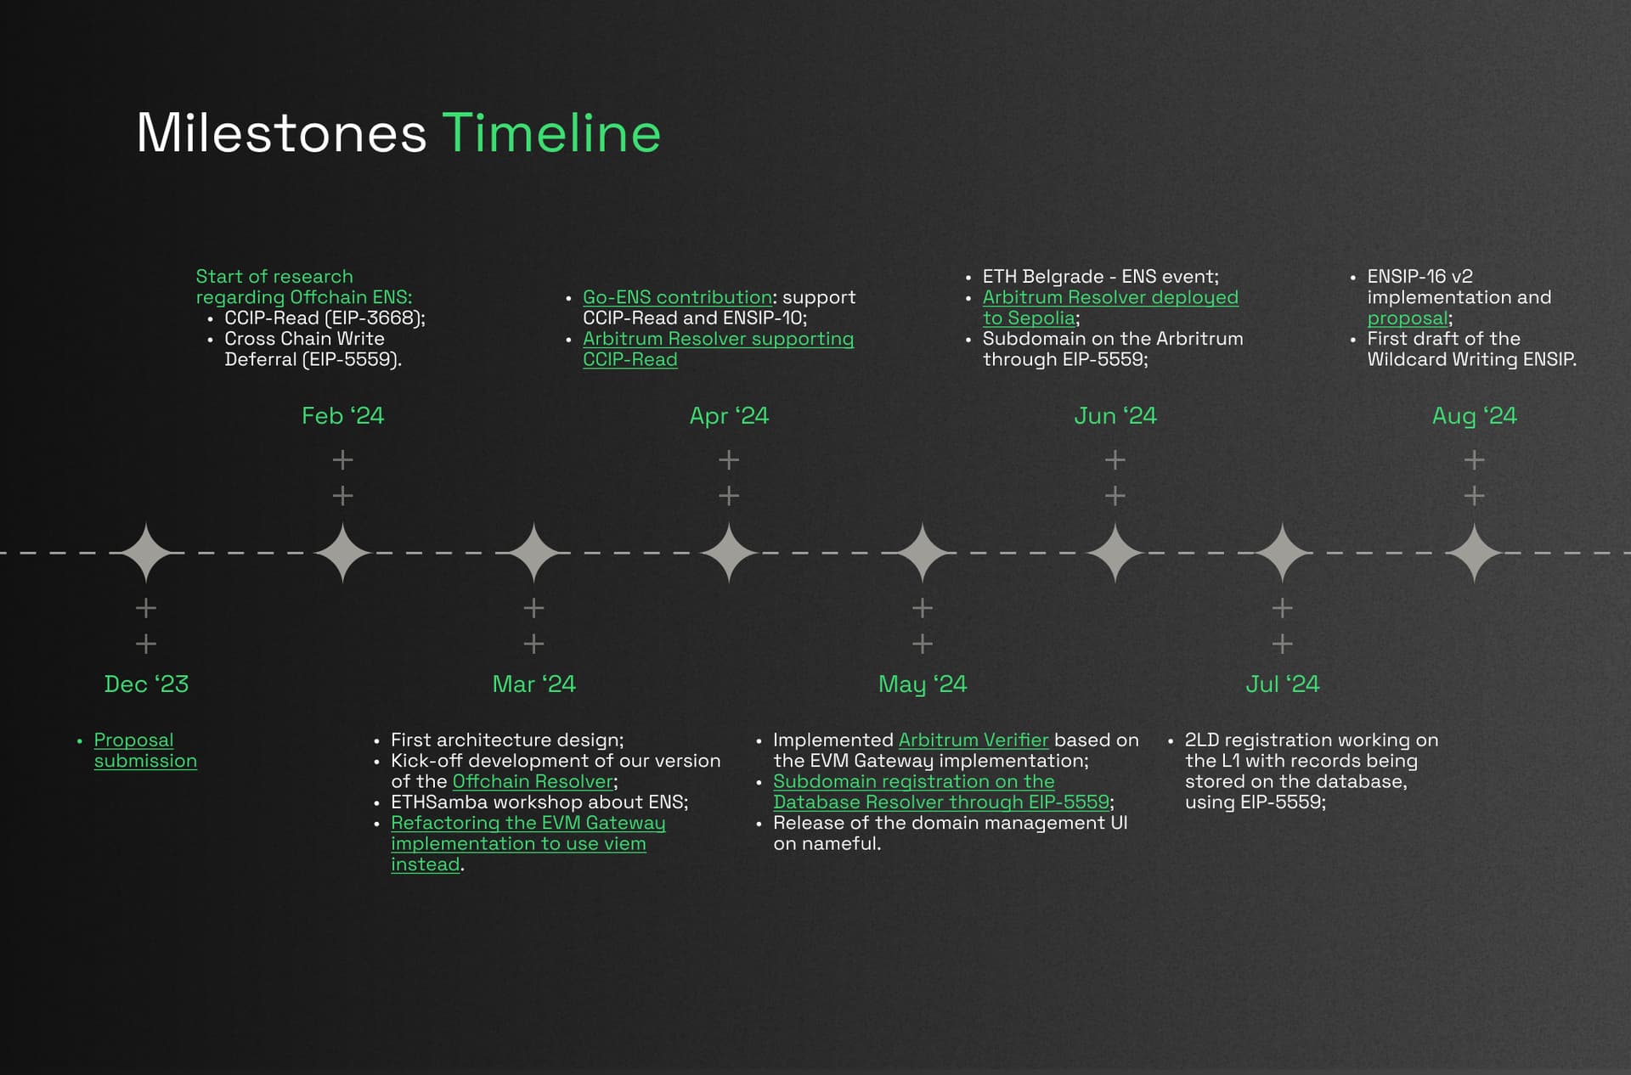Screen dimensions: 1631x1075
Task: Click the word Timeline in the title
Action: pos(551,132)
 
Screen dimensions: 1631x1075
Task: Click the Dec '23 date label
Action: pos(146,684)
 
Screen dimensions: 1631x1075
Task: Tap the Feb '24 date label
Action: pos(342,415)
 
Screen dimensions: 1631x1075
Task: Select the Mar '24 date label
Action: pos(533,684)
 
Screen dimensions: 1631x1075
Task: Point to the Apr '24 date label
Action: pos(729,415)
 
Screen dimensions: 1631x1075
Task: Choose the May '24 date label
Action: pos(923,684)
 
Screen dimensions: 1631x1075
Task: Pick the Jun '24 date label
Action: pos(1115,415)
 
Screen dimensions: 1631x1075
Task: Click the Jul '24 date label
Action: pos(1283,684)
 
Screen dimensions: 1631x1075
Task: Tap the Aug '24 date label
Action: pos(1475,416)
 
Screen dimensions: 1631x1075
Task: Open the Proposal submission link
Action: pos(145,750)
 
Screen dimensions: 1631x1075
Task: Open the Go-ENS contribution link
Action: pos(677,297)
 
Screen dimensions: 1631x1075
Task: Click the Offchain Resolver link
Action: pos(533,781)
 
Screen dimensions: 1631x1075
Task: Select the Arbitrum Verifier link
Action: pos(974,740)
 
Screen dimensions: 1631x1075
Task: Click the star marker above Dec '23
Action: pos(146,553)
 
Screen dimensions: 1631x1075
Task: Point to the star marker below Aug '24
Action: pos(1475,553)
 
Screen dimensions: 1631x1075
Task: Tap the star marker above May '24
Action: pos(923,553)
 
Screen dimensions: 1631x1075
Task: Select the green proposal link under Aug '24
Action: pos(1408,318)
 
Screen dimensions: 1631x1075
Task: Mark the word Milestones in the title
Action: pos(281,132)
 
